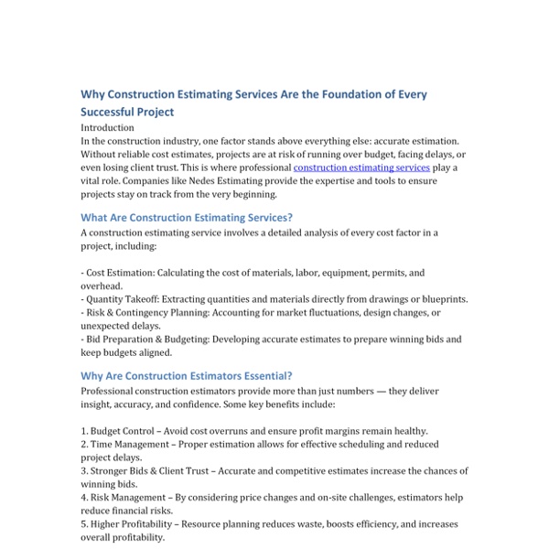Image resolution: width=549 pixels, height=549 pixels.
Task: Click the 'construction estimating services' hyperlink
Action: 361,168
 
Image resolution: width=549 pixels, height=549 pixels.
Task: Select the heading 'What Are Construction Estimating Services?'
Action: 187,217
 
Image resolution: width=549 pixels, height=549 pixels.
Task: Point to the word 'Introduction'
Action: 107,128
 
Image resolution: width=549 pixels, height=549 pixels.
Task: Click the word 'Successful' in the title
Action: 114,113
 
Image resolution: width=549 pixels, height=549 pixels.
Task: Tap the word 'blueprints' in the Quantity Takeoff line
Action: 442,299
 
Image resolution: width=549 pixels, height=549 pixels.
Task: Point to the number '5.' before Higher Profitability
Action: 85,524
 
